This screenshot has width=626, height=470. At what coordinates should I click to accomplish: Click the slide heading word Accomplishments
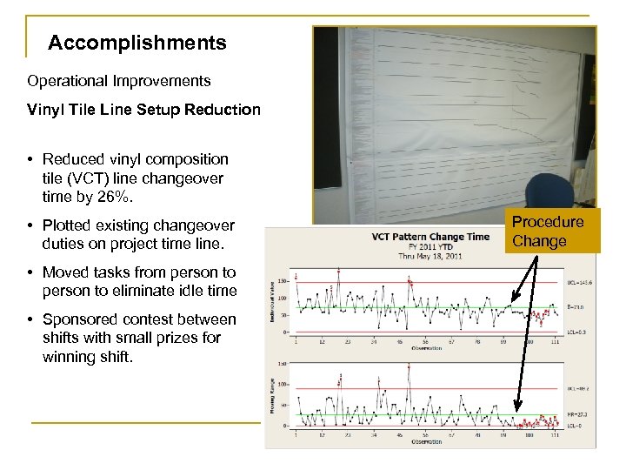[137, 43]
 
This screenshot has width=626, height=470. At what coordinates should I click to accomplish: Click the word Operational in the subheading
[68, 81]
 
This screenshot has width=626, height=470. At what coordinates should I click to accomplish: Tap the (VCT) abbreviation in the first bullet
[77, 178]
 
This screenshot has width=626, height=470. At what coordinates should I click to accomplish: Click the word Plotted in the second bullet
[71, 225]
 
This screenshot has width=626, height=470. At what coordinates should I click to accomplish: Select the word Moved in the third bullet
[64, 272]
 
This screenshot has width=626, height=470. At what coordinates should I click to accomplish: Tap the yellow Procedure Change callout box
[548, 232]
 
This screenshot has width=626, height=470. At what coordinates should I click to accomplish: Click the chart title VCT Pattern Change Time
[430, 237]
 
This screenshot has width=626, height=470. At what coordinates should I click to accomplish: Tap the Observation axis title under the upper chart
[427, 348]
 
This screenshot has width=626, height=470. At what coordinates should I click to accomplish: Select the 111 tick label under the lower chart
[555, 434]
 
